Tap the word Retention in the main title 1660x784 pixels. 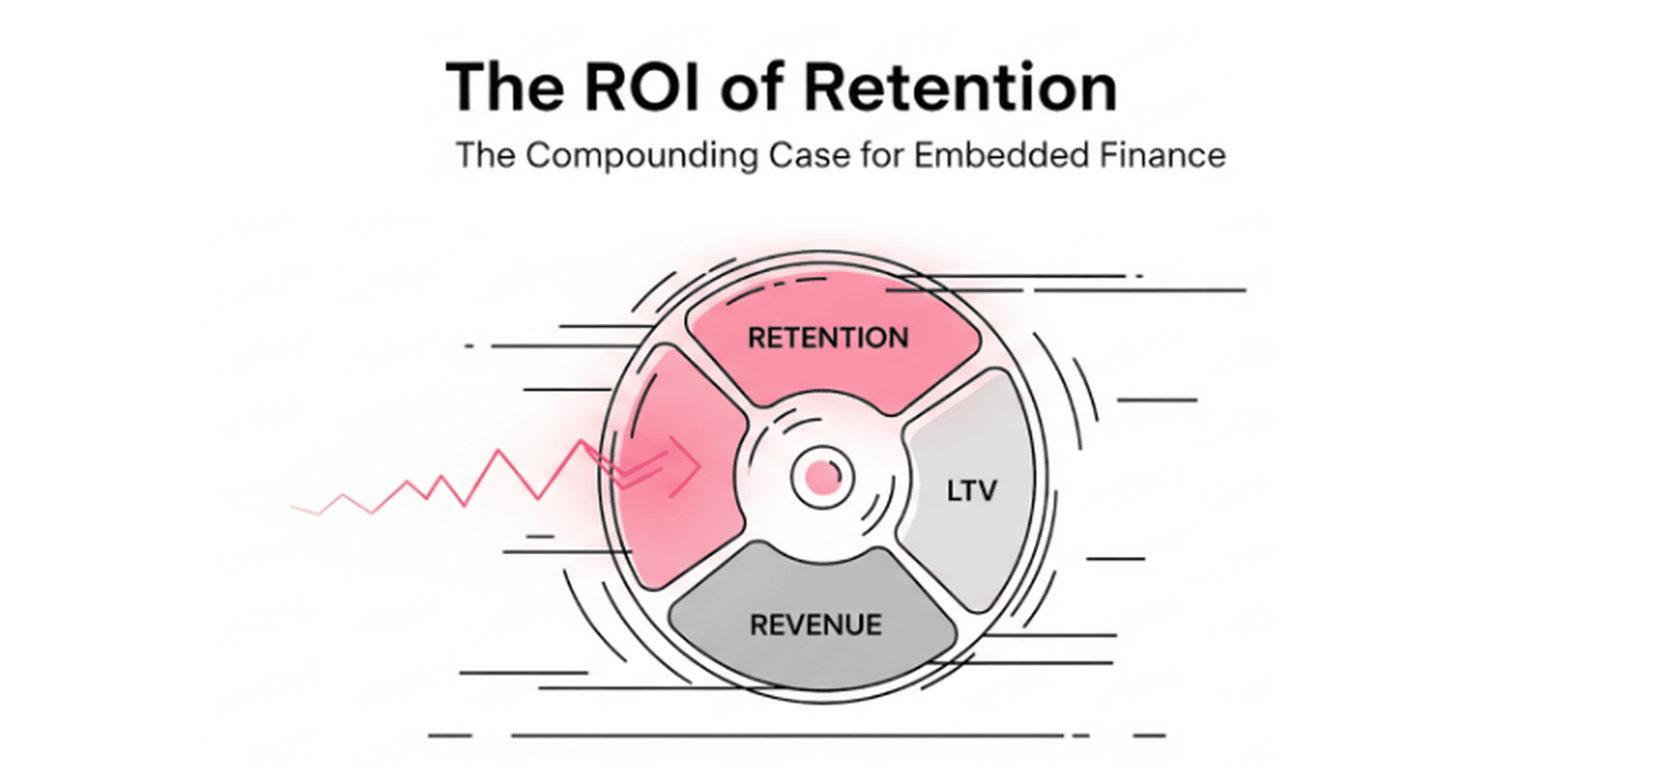pos(960,87)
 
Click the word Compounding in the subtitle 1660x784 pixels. pos(642,156)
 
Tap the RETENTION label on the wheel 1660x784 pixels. pos(828,338)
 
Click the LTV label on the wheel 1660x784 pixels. pos(971,491)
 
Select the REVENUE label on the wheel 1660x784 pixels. pos(816,624)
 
